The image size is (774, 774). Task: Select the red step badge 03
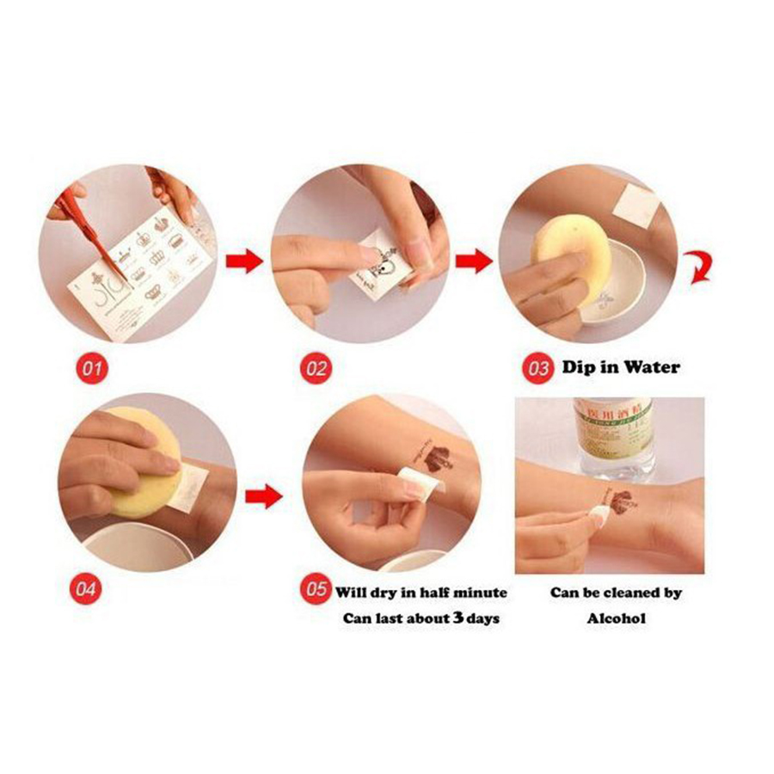pos(538,369)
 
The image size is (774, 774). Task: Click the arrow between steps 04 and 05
pos(263,496)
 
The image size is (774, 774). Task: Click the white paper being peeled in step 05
pos(421,488)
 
